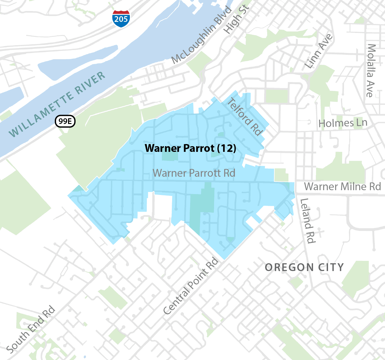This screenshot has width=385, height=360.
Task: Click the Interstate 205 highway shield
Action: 121,19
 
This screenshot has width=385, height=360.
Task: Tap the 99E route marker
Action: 65,121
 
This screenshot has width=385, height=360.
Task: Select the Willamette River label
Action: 57,105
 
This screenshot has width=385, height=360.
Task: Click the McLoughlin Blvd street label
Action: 202,35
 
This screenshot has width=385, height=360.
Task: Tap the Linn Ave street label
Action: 318,51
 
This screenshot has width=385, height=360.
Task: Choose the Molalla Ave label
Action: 371,71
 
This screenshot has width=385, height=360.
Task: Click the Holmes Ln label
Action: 343,123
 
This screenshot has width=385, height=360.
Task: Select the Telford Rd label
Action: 245,117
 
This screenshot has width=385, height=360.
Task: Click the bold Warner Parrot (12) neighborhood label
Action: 190,148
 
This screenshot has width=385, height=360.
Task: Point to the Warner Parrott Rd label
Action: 194,173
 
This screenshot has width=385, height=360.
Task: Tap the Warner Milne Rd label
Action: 342,187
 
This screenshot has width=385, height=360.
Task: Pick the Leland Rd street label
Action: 308,221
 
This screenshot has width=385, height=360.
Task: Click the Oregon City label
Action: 304,267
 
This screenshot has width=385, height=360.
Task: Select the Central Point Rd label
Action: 191,286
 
